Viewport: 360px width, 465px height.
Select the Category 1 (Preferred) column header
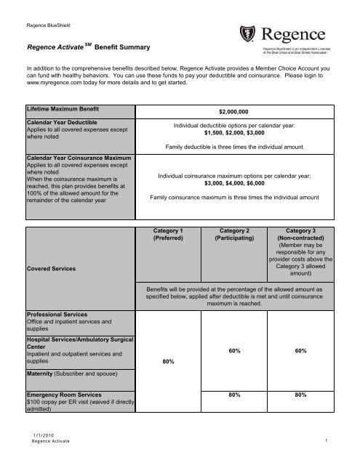[171, 233]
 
